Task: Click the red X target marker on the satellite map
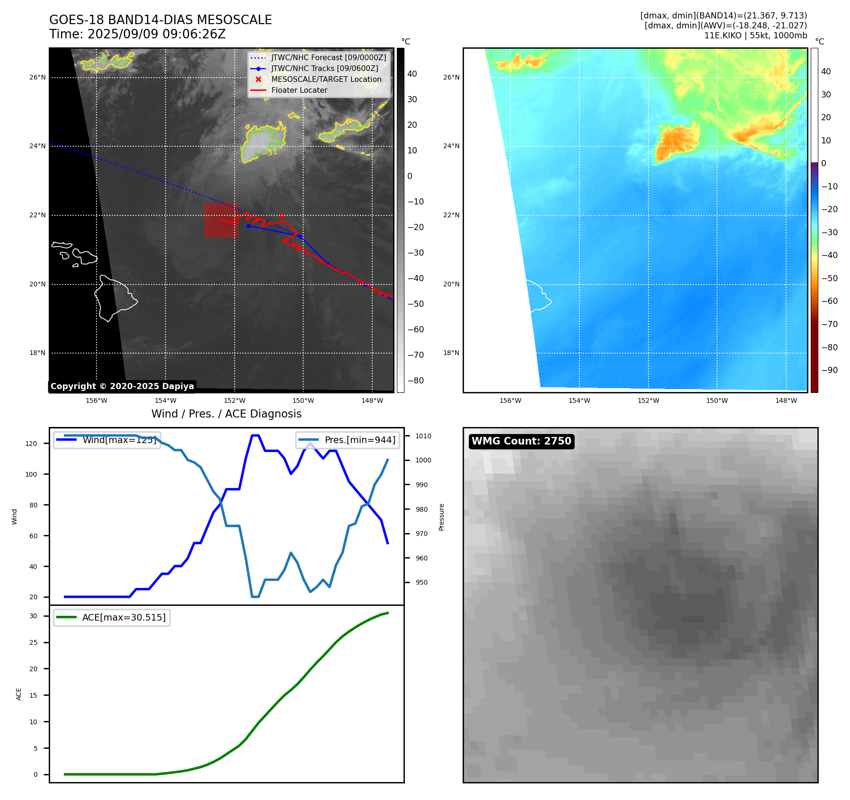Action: coord(281,216)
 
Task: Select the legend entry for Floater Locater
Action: coord(299,90)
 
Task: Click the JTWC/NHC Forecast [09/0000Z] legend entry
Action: coord(328,58)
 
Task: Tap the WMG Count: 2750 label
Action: coord(521,441)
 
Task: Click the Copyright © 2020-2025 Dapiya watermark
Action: coord(122,386)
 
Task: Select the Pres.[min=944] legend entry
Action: coord(359,440)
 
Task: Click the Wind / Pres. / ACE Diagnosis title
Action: coord(226,414)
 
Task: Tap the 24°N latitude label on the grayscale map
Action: coord(37,146)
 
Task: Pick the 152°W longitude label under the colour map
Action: coord(648,400)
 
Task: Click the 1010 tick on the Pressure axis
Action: coord(423,436)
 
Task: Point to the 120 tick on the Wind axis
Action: coord(31,444)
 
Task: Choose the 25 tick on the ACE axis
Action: coord(33,642)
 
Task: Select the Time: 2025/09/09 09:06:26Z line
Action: coord(138,34)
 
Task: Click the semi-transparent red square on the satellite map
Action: coord(221,221)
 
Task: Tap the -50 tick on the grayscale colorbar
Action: coord(416,304)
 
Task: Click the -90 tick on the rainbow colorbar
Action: coord(829,370)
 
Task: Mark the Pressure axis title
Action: coord(441,517)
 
